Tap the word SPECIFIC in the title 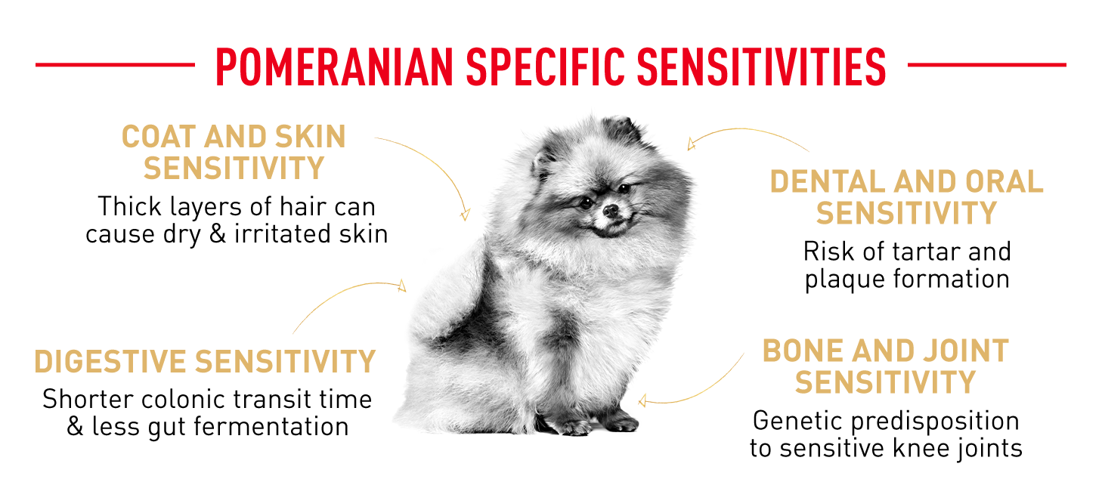(x=545, y=67)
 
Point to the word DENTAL (x=828, y=181)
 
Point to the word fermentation (x=271, y=426)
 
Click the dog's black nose (x=611, y=211)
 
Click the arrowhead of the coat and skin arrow (x=465, y=215)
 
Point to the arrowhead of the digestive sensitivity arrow (x=402, y=286)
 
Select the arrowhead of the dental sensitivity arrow (x=691, y=144)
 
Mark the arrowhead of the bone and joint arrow (x=642, y=401)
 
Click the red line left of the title (x=115, y=64)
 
